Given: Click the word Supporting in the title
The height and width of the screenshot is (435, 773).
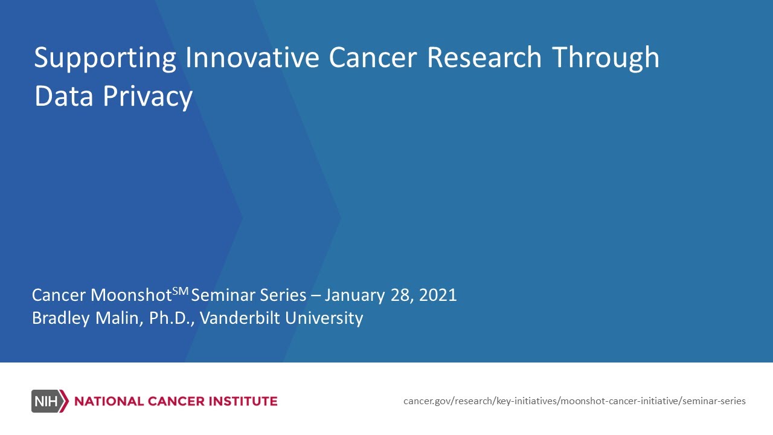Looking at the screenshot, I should [105, 59].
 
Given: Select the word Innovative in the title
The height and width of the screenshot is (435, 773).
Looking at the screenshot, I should [252, 57].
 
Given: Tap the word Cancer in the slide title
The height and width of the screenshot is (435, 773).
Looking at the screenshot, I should [373, 57].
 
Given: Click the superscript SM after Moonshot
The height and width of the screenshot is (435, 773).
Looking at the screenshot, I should [181, 291].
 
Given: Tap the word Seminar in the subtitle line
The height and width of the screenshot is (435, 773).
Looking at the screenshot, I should [219, 295].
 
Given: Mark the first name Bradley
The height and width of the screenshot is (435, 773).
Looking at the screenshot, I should [59, 318].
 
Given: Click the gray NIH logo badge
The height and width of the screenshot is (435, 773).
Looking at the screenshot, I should [50, 401].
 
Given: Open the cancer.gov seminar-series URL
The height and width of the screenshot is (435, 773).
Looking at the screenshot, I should [574, 401].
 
